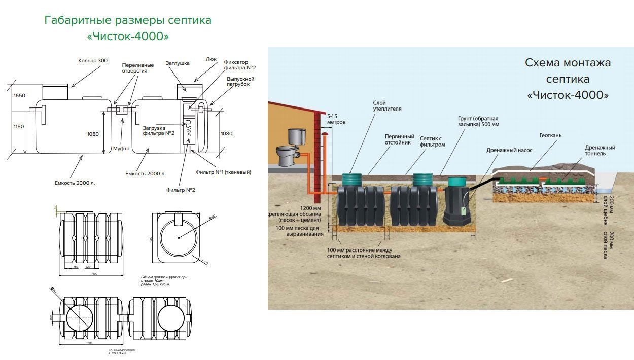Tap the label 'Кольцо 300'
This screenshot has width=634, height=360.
tap(93, 61)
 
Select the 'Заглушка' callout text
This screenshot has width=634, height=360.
tap(178, 63)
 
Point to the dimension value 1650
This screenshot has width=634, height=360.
tap(19, 96)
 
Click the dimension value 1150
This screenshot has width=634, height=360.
tap(19, 127)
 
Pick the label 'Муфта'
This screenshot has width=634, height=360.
tap(121, 149)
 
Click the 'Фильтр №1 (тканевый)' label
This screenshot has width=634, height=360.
tap(223, 172)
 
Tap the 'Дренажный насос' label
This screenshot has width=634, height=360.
tap(507, 150)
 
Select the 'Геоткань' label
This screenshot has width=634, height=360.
tap(550, 136)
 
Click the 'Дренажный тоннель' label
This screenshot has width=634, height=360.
tap(600, 151)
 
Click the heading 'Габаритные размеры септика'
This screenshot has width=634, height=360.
tap(128, 20)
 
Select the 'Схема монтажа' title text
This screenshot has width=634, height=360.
tap(568, 63)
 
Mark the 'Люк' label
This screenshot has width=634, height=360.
tap(211, 59)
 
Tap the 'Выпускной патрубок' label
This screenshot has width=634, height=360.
tap(240, 82)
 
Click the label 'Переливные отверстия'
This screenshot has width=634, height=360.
tap(134, 68)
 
